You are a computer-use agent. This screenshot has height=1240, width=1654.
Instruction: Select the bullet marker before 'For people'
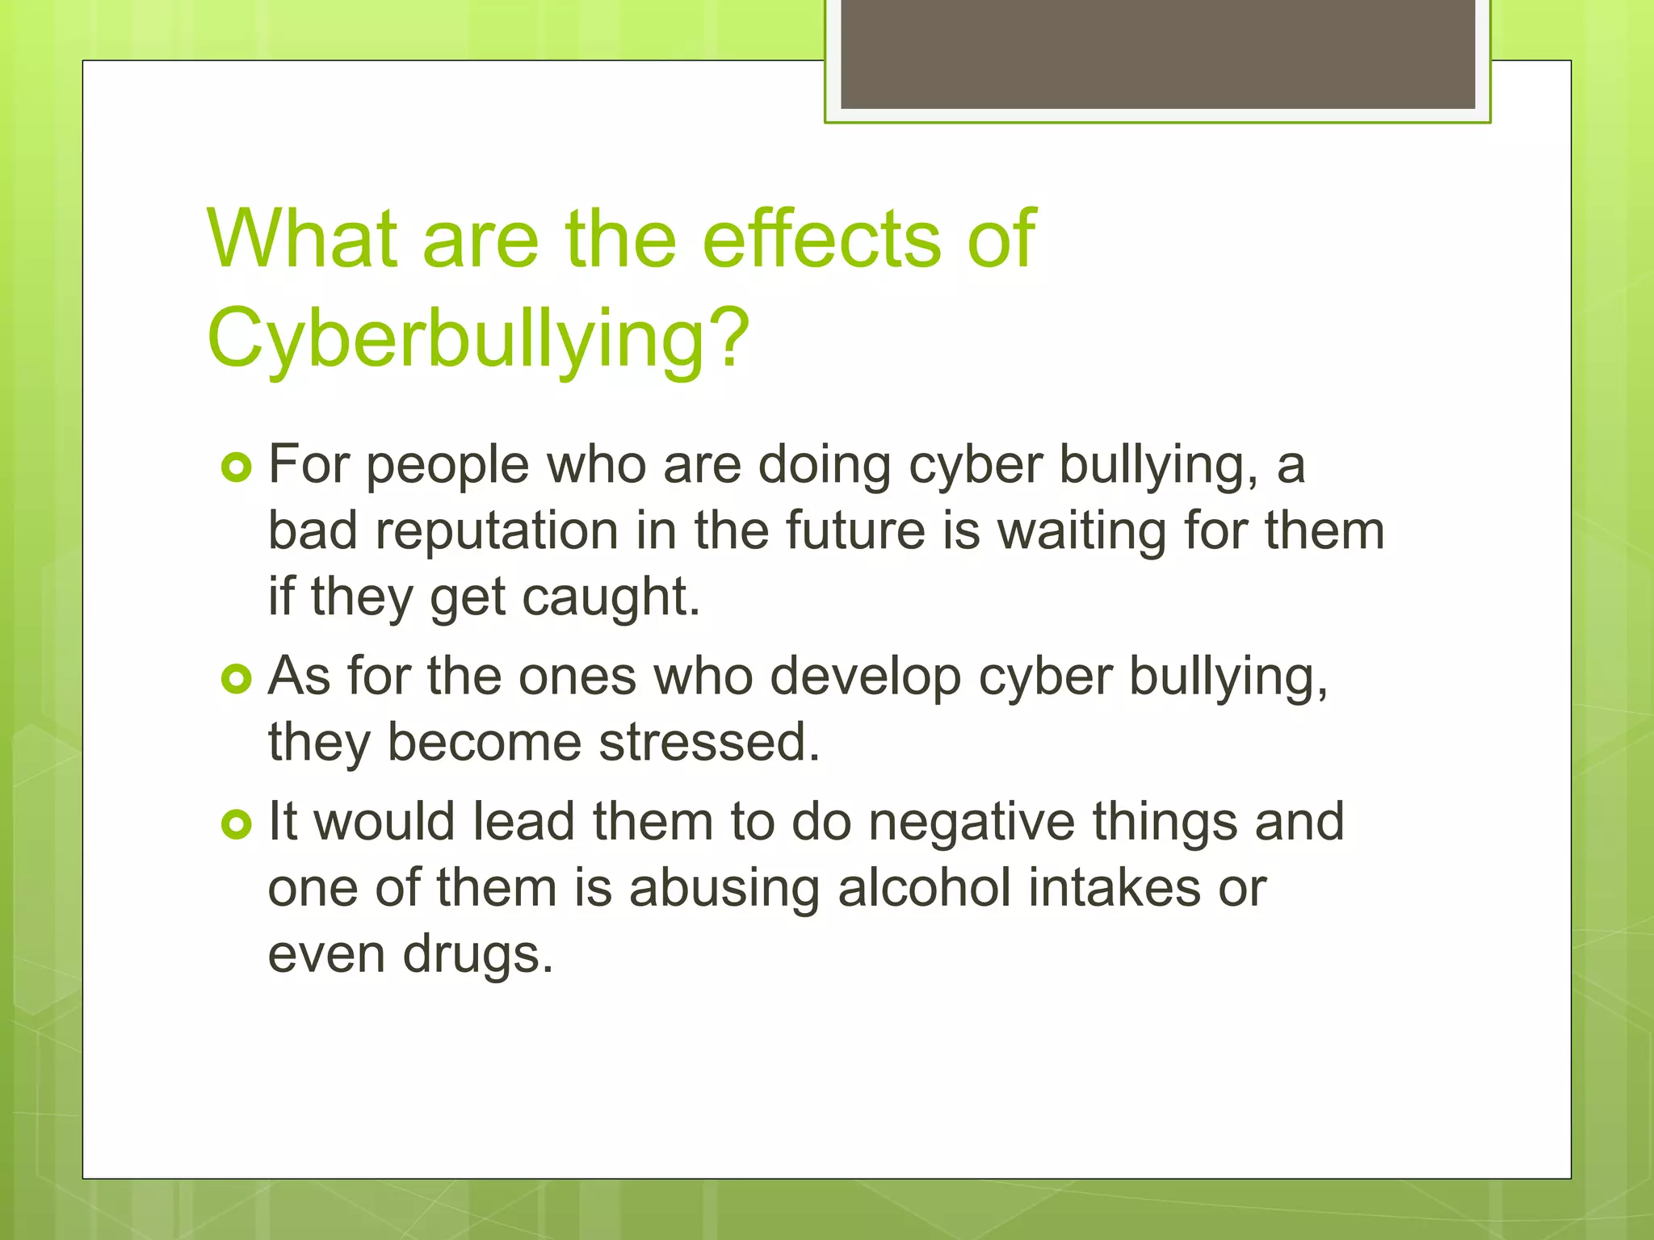237,467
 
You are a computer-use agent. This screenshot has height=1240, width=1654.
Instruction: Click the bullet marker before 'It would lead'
237,824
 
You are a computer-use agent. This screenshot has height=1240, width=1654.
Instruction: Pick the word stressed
709,743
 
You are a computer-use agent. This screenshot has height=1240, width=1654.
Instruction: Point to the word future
855,531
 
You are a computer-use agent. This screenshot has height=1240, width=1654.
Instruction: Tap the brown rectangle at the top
1157,53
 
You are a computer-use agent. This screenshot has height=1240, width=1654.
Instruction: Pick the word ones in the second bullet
577,677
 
